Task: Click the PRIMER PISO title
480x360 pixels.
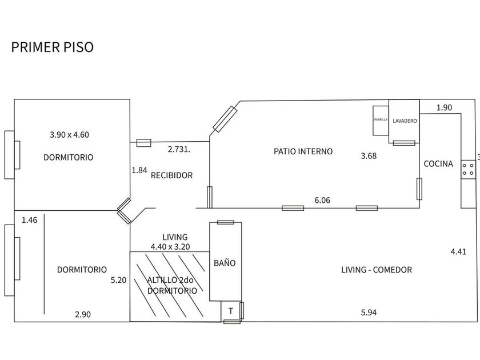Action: point(52,47)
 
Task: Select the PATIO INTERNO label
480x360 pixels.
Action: point(303,151)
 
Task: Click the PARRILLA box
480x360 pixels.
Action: point(381,120)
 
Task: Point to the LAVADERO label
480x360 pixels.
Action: point(405,121)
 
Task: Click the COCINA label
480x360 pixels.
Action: point(438,164)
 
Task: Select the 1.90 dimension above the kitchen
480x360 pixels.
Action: point(444,107)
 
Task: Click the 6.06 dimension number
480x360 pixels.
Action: point(322,201)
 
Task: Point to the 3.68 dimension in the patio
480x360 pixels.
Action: point(368,155)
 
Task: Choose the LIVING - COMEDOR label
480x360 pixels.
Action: point(377,270)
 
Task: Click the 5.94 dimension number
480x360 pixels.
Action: point(369,312)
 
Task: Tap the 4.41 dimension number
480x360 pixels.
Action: point(459,251)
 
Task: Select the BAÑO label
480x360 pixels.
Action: point(225,263)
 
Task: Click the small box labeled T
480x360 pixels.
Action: point(230,311)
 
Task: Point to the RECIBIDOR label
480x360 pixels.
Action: point(171,175)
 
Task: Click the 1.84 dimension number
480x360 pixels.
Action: point(139,170)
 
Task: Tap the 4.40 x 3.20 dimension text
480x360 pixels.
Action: point(170,247)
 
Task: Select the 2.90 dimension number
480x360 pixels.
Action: point(83,314)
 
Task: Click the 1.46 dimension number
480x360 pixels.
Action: point(29,219)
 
